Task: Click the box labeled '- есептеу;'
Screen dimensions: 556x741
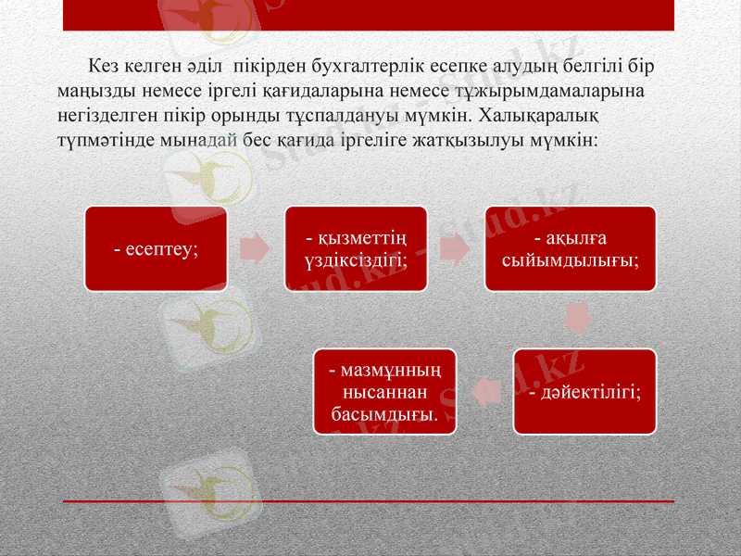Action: point(156,249)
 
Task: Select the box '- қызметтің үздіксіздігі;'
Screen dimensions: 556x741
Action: point(356,249)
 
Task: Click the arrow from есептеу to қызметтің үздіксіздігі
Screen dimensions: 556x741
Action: point(255,249)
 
